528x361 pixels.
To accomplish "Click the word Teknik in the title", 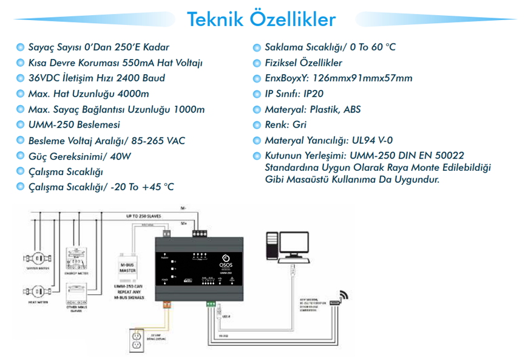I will [x=215, y=19].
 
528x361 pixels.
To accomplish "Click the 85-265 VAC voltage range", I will [x=158, y=141].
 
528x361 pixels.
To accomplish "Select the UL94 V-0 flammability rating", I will [x=368, y=141].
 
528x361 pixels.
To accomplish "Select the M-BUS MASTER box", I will [x=127, y=267].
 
